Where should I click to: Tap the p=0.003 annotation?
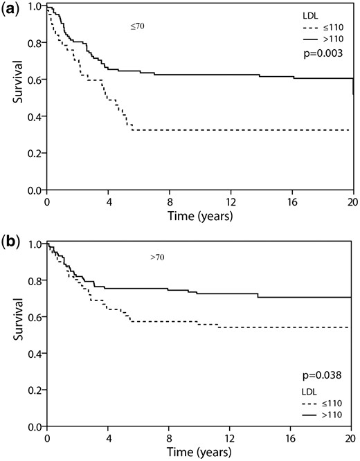pyautogui.click(x=323, y=53)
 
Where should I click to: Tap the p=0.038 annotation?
pyautogui.click(x=322, y=375)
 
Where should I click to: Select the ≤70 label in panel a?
pyautogui.click(x=137, y=26)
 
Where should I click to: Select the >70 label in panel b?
pyautogui.click(x=157, y=257)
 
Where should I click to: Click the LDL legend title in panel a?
pyautogui.click(x=310, y=17)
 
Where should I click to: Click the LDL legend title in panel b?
pyautogui.click(x=309, y=392)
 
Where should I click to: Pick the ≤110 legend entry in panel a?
pyautogui.click(x=323, y=28)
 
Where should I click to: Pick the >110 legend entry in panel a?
pyautogui.click(x=323, y=39)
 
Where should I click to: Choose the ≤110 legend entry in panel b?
pyautogui.click(x=322, y=403)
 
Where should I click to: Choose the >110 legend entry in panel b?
pyautogui.click(x=322, y=415)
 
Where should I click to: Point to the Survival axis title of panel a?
pyautogui.click(x=18, y=82)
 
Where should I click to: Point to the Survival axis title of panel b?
pyautogui.click(x=18, y=319)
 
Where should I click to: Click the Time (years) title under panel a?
pyautogui.click(x=200, y=216)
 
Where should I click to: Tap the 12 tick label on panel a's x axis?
pyautogui.click(x=231, y=203)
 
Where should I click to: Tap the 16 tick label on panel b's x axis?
pyautogui.click(x=290, y=438)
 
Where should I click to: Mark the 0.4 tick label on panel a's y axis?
pyautogui.click(x=36, y=116)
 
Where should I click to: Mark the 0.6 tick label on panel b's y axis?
pyautogui.click(x=36, y=317)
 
